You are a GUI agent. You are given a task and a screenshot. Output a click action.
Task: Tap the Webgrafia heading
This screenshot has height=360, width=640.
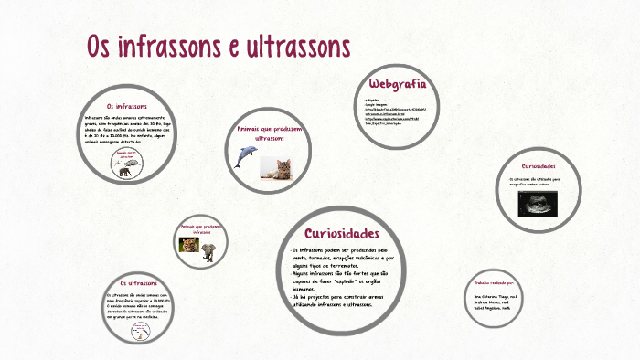[x=398, y=85]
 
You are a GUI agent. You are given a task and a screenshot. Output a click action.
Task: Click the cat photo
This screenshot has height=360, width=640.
[x=275, y=167]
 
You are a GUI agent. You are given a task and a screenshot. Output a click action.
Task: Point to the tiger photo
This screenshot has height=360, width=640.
[x=189, y=245]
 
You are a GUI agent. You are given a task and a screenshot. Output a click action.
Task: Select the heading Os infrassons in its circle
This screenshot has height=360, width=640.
[x=127, y=107]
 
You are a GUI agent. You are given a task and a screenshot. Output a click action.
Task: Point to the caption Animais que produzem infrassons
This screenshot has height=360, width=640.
[x=201, y=228]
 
